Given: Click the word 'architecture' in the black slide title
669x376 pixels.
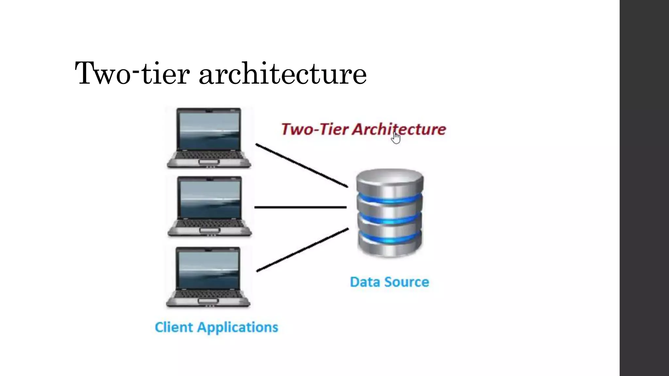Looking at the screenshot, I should pyautogui.click(x=283, y=74).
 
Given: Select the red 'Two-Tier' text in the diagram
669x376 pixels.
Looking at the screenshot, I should pyautogui.click(x=315, y=129).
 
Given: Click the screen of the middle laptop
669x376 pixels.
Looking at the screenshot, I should pyautogui.click(x=210, y=199).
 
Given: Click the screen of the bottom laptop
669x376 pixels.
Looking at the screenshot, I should pyautogui.click(x=208, y=269).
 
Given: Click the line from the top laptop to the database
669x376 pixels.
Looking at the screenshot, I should pyautogui.click(x=302, y=165).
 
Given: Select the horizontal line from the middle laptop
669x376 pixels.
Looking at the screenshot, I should pyautogui.click(x=300, y=207).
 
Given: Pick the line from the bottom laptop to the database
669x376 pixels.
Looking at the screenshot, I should pyautogui.click(x=302, y=250).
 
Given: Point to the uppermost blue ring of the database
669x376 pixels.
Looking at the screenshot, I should pyautogui.click(x=390, y=198).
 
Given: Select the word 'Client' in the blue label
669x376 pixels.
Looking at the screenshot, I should pyautogui.click(x=174, y=327).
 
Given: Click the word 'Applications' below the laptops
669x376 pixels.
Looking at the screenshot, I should pyautogui.click(x=237, y=327).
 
